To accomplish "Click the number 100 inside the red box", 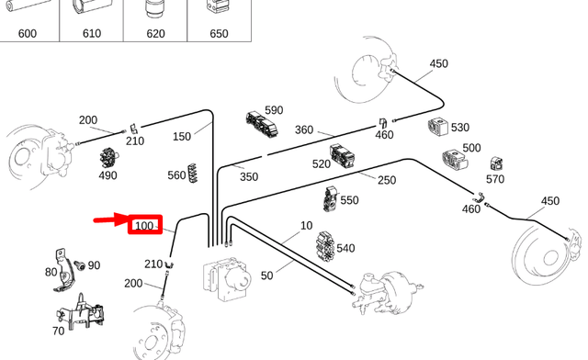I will click(144, 226).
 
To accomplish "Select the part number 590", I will click(274, 110).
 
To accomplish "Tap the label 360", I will click(304, 129).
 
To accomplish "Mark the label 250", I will click(386, 180).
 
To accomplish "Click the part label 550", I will click(349, 200).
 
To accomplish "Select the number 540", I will click(345, 248).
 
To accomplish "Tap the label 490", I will click(107, 175).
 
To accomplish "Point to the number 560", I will click(176, 175).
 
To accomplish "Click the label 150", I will click(182, 136).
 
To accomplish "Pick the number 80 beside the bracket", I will click(51, 272).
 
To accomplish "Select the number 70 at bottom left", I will click(58, 331).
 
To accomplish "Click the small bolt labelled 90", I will click(78, 265).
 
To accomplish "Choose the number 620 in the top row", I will click(155, 34).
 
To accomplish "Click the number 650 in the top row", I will click(219, 34).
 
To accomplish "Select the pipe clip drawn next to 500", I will click(457, 160).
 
